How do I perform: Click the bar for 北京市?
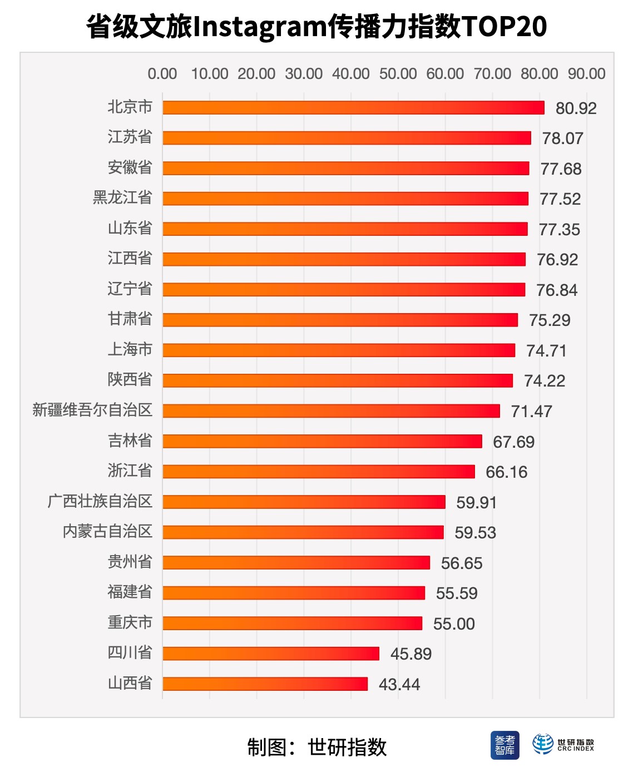pyautogui.click(x=353, y=108)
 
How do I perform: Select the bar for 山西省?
pyautogui.click(x=265, y=684)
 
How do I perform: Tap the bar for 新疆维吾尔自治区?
pyautogui.click(x=331, y=411)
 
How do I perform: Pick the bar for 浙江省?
pyautogui.click(x=319, y=472)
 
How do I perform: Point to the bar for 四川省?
pyautogui.click(x=271, y=654)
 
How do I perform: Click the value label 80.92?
pyautogui.click(x=576, y=108)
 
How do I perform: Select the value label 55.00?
pyautogui.click(x=454, y=623)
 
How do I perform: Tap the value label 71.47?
pyautogui.click(x=531, y=412)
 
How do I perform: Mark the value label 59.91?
pyautogui.click(x=476, y=502)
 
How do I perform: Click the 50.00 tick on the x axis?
pyautogui.click(x=398, y=74)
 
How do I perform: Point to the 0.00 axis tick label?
pyautogui.click(x=162, y=74)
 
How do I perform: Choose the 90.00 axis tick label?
pyautogui.click(x=586, y=74)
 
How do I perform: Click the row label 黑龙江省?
pyautogui.click(x=122, y=197)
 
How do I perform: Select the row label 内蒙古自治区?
pyautogui.click(x=107, y=531)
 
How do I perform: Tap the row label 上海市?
pyautogui.click(x=130, y=349)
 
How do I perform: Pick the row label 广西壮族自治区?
pyautogui.click(x=100, y=501)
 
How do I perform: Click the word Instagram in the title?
pyautogui.click(x=260, y=26)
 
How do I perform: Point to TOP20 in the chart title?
pyautogui.click(x=504, y=26)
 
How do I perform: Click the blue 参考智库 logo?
pyautogui.click(x=505, y=745)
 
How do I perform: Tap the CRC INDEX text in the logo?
pyautogui.click(x=576, y=749)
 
